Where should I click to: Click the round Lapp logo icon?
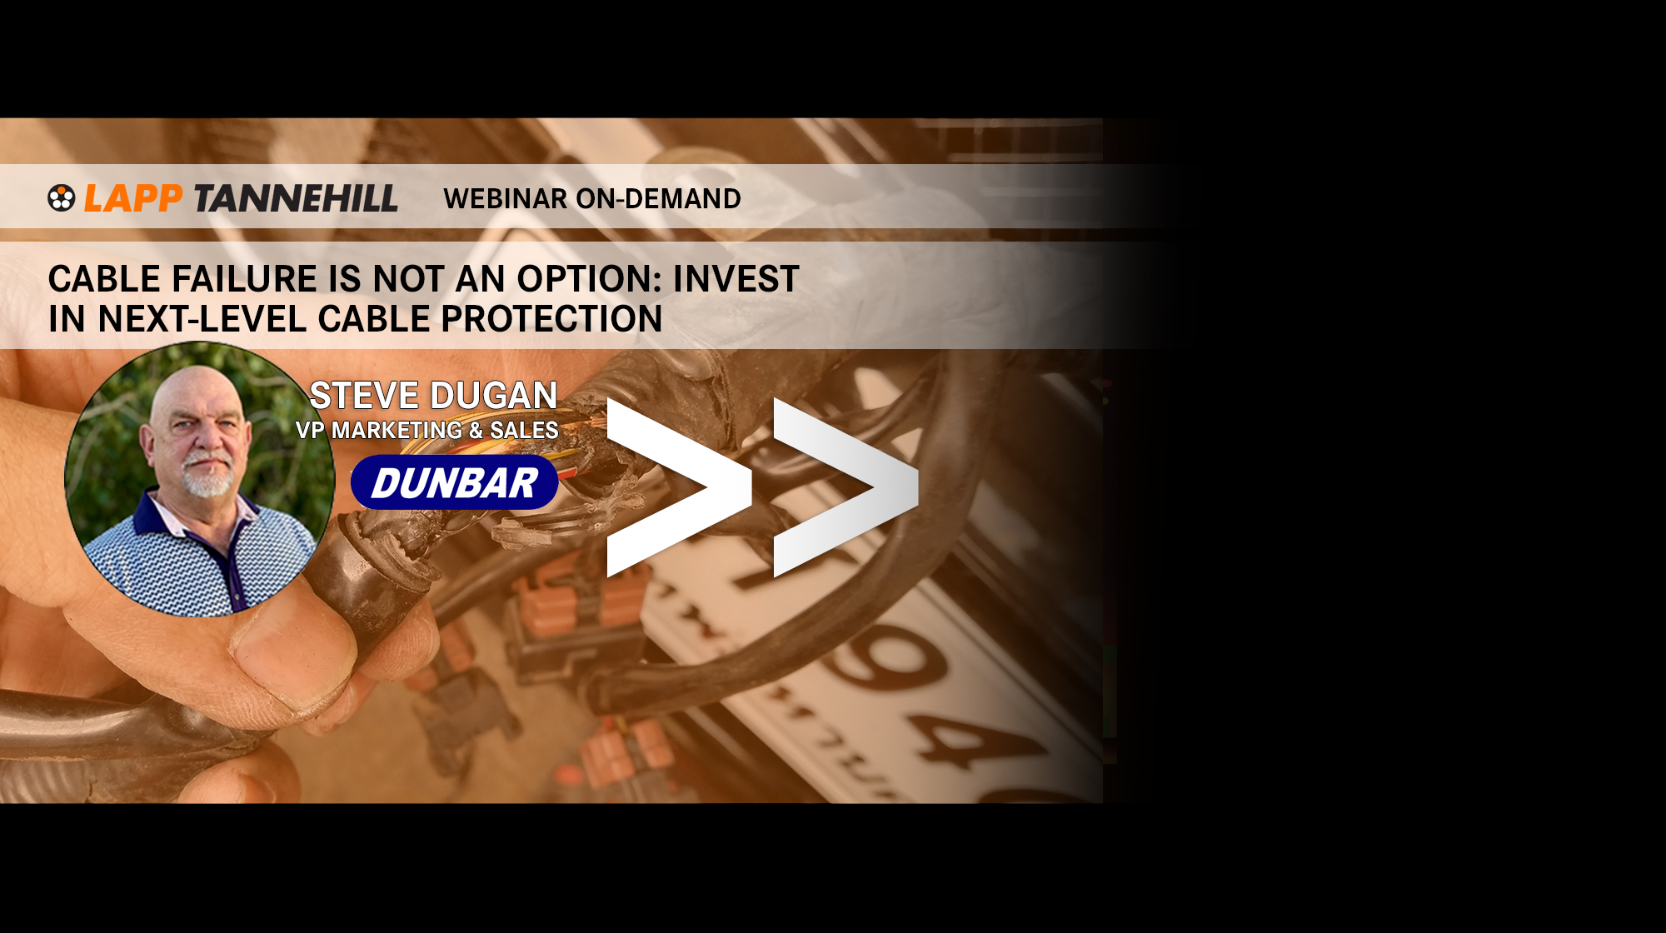point(62,198)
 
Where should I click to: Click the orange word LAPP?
point(133,198)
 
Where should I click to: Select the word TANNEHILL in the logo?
point(297,198)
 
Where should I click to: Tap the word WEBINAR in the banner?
point(506,198)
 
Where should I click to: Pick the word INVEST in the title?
point(736,278)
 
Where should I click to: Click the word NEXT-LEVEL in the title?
point(202,318)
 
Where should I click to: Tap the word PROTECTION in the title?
point(551,318)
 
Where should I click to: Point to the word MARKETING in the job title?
point(397,430)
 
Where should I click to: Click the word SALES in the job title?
point(524,430)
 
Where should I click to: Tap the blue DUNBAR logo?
point(455,482)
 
